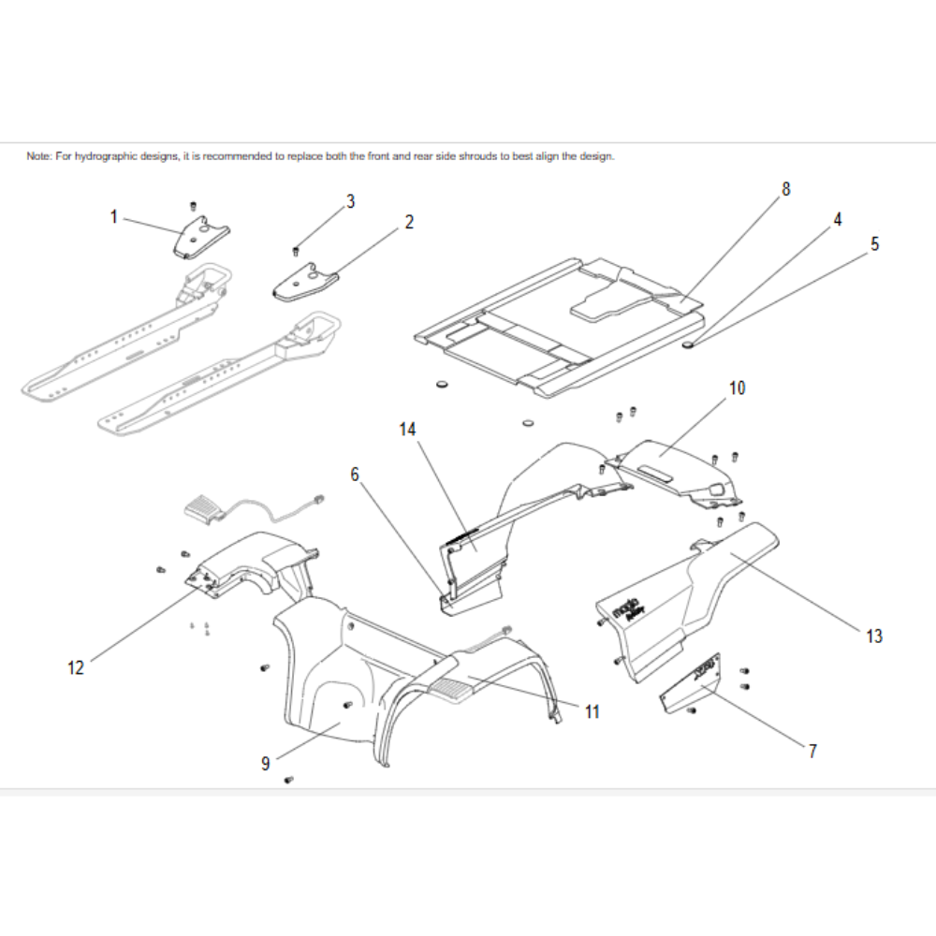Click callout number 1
[x=114, y=217]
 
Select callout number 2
[x=409, y=222]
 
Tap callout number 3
[x=350, y=201]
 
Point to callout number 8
[x=785, y=189]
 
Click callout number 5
[x=874, y=244]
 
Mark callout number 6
[x=355, y=475]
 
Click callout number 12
[x=76, y=667]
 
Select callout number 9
[x=266, y=764]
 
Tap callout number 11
[x=592, y=712]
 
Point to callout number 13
[x=873, y=636]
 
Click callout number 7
[x=812, y=751]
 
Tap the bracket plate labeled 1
[x=200, y=236]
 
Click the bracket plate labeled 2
[x=306, y=280]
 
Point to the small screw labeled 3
[x=296, y=250]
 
